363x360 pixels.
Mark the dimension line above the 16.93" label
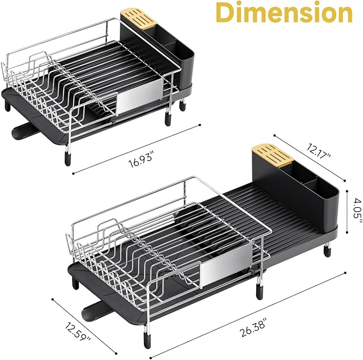[136, 148]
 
